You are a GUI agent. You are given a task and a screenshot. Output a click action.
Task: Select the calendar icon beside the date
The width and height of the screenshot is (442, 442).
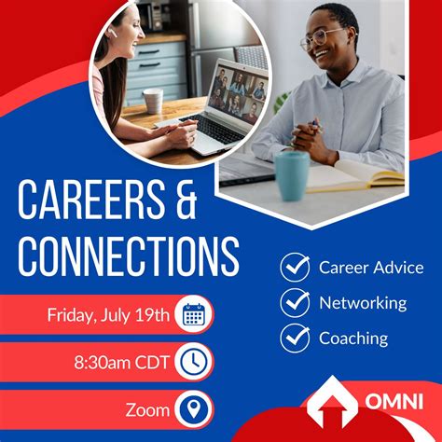click(x=194, y=314)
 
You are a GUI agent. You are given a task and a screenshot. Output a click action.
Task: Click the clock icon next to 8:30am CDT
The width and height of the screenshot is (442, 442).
click(x=194, y=361)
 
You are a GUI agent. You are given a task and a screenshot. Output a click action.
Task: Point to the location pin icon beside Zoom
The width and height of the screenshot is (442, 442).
click(x=194, y=408)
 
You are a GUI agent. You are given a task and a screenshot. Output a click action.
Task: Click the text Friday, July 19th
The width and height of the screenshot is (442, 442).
click(x=108, y=314)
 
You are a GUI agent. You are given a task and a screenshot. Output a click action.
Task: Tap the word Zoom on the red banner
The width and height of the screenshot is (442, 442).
click(x=146, y=409)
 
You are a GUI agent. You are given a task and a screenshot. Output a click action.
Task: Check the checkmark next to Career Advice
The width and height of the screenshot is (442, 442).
click(x=295, y=267)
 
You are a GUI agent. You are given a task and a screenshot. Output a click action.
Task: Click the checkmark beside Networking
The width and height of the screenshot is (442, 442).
click(x=295, y=302)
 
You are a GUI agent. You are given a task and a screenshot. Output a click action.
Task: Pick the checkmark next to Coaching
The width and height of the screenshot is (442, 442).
click(x=295, y=337)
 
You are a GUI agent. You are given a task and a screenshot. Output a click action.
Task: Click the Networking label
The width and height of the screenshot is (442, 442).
click(x=363, y=302)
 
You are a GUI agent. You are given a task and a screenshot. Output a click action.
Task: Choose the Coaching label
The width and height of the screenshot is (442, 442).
click(x=353, y=338)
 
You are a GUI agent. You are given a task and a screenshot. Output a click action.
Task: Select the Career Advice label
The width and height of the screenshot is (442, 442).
click(x=370, y=268)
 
